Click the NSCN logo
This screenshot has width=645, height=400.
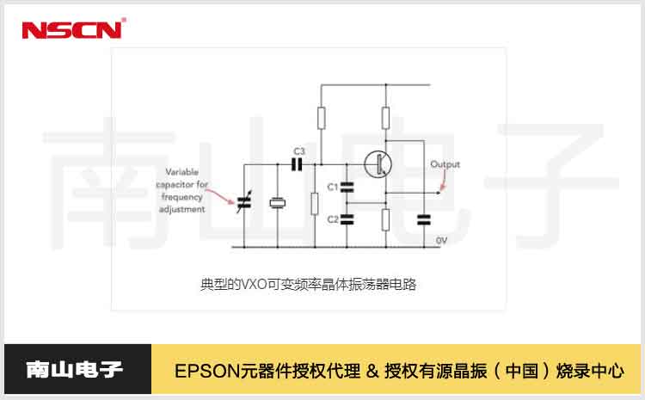point(73,29)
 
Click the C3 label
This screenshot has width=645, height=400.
point(299,151)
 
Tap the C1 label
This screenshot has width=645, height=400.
point(333,187)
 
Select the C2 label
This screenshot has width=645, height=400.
point(333,218)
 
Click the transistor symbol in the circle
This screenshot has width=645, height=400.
point(376,163)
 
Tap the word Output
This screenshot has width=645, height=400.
point(445,164)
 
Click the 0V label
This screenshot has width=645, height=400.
point(442,240)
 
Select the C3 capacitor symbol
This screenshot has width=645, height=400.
point(299,163)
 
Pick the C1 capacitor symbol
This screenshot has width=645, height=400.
point(347,186)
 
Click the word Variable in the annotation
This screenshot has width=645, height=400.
point(181,171)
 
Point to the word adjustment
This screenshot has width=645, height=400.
point(182,209)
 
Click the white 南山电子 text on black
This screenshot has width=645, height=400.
point(75,371)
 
